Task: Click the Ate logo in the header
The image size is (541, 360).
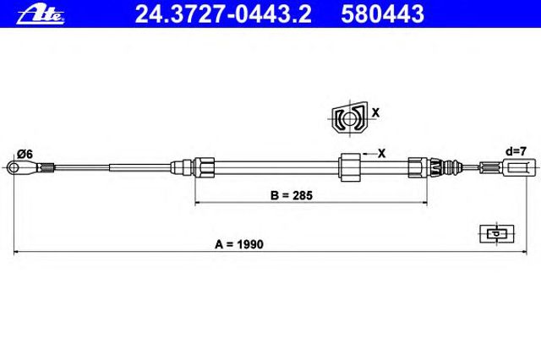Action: pyautogui.click(x=41, y=14)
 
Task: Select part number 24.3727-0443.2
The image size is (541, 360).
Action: pyautogui.click(x=223, y=14)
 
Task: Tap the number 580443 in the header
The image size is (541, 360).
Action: pyautogui.click(x=382, y=14)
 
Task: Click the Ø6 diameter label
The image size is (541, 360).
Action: pyautogui.click(x=25, y=154)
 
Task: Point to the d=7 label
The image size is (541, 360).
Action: pyautogui.click(x=516, y=151)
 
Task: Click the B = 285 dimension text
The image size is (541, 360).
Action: pyautogui.click(x=292, y=195)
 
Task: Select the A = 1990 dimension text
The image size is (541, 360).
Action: pyautogui.click(x=239, y=244)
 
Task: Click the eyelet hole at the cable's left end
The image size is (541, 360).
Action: pyautogui.click(x=14, y=168)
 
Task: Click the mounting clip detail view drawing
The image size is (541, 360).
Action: pyautogui.click(x=349, y=118)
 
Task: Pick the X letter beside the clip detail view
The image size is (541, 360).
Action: pyautogui.click(x=375, y=112)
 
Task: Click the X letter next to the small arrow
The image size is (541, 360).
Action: pyautogui.click(x=381, y=154)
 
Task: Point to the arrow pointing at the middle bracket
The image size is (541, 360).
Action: pyautogui.click(x=369, y=154)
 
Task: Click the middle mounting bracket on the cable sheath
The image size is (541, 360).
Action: pyautogui.click(x=349, y=167)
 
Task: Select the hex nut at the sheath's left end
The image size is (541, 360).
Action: pyautogui.click(x=204, y=167)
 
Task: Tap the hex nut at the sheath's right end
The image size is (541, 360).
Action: pyautogui.click(x=418, y=167)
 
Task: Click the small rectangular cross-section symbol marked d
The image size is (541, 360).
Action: pyautogui.click(x=497, y=234)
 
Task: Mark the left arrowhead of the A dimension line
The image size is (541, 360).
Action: pyautogui.click(x=16, y=252)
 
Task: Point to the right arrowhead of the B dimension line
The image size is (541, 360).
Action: pyautogui.click(x=424, y=203)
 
